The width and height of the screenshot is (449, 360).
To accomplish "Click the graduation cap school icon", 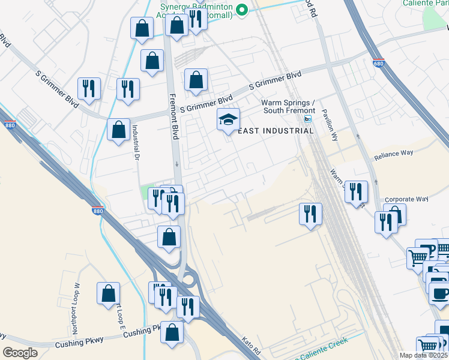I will [228, 120].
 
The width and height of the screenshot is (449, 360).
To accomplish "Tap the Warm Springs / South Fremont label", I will [288, 106].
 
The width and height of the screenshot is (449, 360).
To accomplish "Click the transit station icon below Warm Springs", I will [308, 119].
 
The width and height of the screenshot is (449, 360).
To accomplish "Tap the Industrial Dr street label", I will [136, 142].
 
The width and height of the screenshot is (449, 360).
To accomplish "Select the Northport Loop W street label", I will [76, 301].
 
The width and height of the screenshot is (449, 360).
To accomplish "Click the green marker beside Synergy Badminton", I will [242, 10].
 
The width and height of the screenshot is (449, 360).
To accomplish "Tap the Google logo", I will [20, 353].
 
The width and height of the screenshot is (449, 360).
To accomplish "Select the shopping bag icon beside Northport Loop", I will [109, 294].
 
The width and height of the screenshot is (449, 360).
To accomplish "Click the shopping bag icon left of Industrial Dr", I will [119, 129].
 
